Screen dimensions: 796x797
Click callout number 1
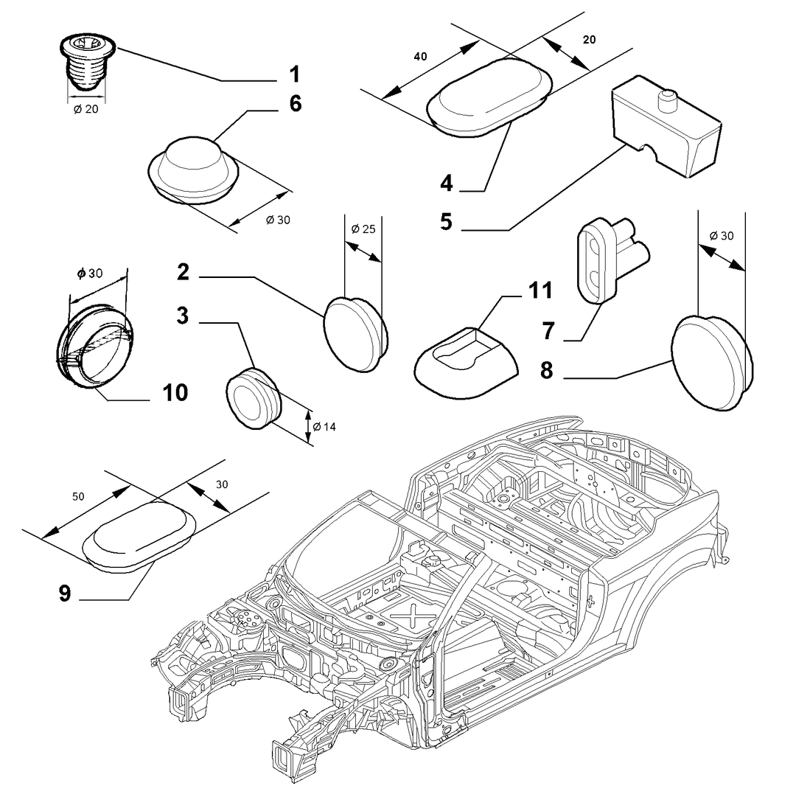tap(295, 74)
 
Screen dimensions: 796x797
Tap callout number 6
tap(296, 103)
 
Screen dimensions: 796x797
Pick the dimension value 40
tap(420, 57)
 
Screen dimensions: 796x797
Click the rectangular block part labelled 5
tap(666, 127)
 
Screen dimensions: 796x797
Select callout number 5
tap(446, 222)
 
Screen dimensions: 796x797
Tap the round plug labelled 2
tap(355, 335)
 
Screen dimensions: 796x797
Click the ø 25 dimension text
tap(363, 229)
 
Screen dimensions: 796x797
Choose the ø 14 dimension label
tap(324, 427)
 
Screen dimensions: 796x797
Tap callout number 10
tap(175, 393)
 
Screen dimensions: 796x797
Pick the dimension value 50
tap(78, 497)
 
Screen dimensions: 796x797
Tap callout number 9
tap(65, 594)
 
